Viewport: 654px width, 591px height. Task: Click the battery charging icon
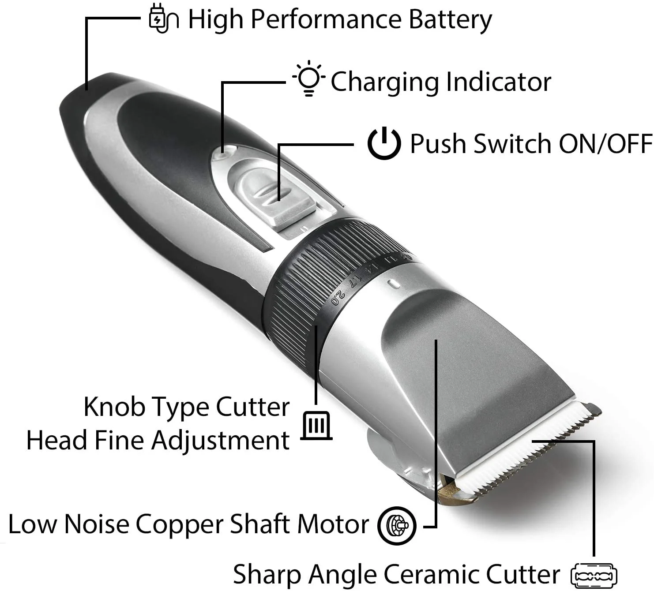tap(163, 19)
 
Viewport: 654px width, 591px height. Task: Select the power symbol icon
tap(384, 143)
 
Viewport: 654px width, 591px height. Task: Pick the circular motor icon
tap(397, 525)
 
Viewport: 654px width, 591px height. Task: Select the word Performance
tap(326, 20)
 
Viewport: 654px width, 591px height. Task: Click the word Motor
tap(332, 524)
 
